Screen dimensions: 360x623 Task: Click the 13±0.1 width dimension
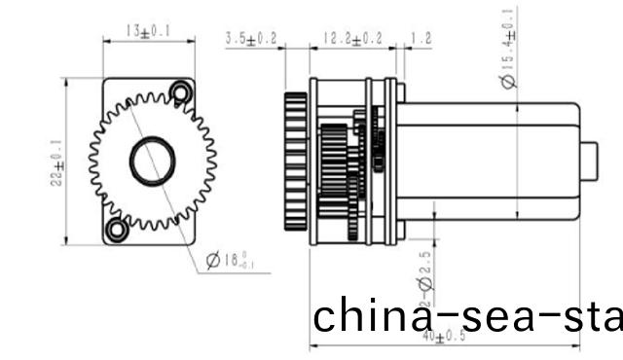pyautogui.click(x=148, y=32)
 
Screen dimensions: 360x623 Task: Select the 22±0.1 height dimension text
pyautogui.click(x=59, y=161)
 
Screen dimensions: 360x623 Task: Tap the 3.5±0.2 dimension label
pyautogui.click(x=251, y=39)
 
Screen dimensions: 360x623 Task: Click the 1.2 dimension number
pyautogui.click(x=421, y=39)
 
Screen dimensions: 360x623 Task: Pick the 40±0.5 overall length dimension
pyautogui.click(x=445, y=338)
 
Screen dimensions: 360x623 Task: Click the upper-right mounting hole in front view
pyautogui.click(x=179, y=92)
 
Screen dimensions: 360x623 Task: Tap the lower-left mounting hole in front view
pyautogui.click(x=117, y=230)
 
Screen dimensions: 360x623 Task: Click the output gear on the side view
pyautogui.click(x=296, y=161)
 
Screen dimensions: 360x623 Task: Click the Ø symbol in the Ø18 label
pyautogui.click(x=213, y=260)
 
